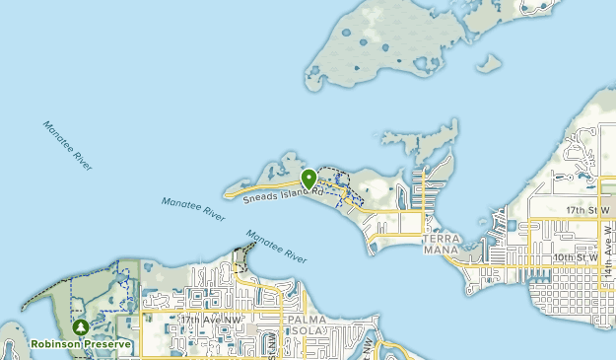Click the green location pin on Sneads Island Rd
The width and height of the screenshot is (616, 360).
(x=308, y=179)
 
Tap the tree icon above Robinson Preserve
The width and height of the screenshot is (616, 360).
(x=80, y=326)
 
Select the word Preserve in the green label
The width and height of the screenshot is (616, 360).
(x=108, y=344)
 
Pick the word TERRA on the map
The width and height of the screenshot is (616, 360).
(x=441, y=239)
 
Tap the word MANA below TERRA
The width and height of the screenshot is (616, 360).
(x=441, y=251)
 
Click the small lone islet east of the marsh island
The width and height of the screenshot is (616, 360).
(x=488, y=63)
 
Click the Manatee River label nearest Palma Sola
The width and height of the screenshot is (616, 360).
(x=276, y=246)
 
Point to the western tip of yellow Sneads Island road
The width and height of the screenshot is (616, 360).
(x=228, y=196)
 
